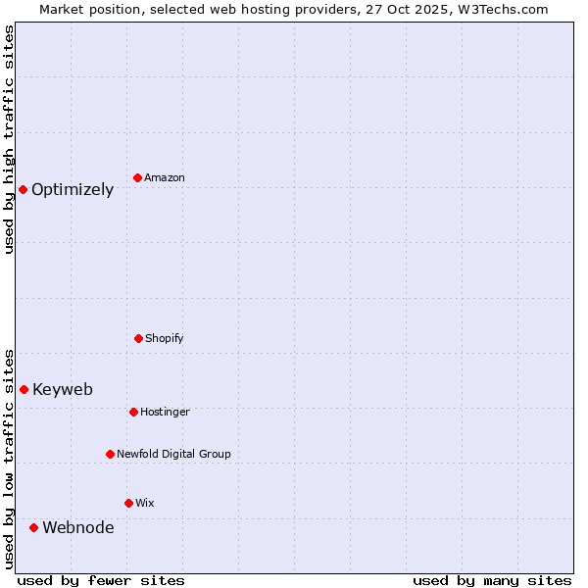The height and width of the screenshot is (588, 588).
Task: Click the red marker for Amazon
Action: (137, 177)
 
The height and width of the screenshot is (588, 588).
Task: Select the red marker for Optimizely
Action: (23, 189)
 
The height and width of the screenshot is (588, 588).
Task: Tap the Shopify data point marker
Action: (138, 338)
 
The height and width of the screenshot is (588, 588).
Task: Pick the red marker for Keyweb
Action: (24, 389)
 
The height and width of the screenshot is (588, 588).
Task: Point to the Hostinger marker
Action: (133, 412)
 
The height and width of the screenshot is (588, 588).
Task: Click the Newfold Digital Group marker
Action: (110, 454)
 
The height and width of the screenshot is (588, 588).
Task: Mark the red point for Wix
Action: (128, 503)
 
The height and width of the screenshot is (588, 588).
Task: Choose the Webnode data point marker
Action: (33, 527)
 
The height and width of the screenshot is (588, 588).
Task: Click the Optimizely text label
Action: (73, 190)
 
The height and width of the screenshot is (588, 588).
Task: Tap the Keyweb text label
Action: (63, 390)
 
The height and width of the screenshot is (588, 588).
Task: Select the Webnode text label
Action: (78, 528)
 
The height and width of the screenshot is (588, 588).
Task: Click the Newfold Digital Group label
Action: (173, 455)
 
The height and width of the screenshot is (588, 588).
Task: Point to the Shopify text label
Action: (164, 339)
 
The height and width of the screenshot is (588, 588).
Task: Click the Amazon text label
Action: (165, 178)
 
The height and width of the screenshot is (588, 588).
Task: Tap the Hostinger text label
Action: (165, 413)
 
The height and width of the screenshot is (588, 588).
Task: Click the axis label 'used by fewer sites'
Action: (101, 580)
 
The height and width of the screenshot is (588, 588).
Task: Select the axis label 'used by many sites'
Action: (492, 580)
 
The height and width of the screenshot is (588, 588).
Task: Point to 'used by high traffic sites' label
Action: (10, 140)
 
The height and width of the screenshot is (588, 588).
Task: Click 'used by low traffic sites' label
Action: (10, 458)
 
